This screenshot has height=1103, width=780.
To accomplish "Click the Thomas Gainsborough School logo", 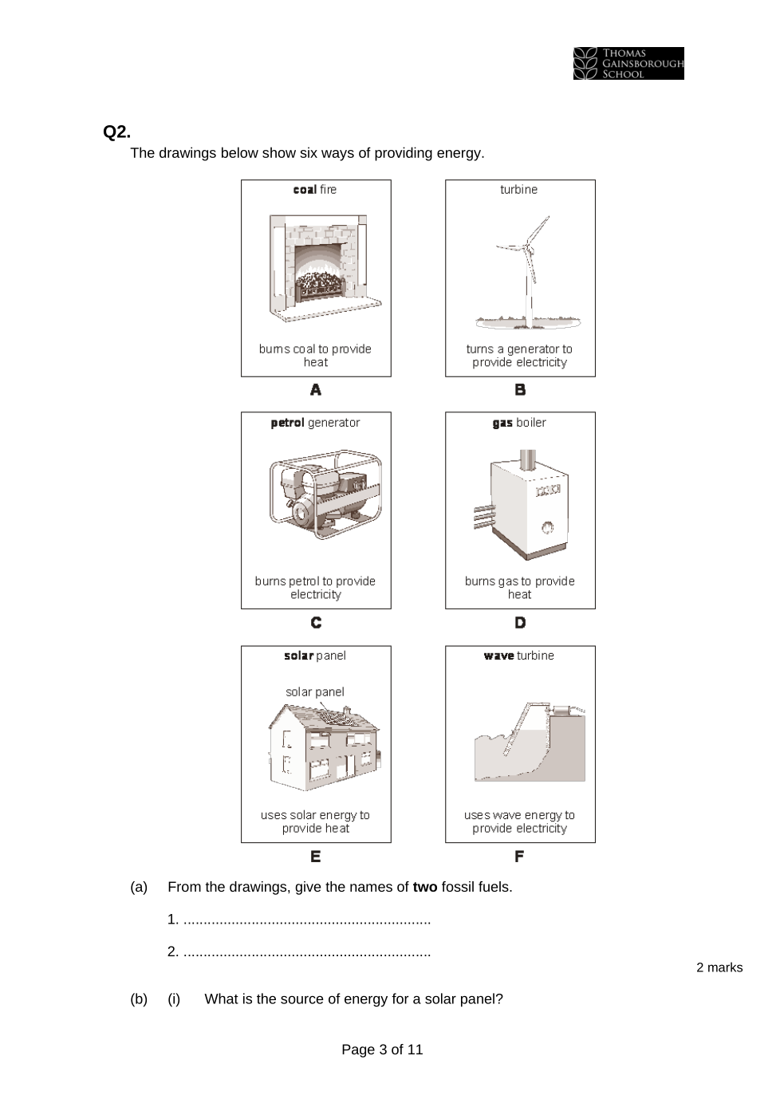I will (628, 63).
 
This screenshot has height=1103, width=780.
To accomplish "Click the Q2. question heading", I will (116, 132).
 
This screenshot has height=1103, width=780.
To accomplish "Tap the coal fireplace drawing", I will (325, 267).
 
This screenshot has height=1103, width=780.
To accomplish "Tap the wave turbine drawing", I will (530, 743).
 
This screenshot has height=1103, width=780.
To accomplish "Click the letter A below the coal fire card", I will (316, 390).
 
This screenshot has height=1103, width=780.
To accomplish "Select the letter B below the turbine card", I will (520, 390).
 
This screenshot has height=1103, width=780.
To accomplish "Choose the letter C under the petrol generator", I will (316, 623).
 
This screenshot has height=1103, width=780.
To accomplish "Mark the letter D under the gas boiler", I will (520, 623).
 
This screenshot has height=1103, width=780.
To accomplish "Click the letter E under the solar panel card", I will (316, 857).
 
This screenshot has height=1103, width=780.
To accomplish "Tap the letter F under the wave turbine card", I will (519, 857).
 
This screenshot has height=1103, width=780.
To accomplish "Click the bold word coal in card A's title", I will (305, 190).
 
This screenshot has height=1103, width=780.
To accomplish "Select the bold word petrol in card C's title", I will (287, 423).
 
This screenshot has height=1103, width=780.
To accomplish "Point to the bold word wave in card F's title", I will (498, 656).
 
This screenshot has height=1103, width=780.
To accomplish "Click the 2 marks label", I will (719, 967).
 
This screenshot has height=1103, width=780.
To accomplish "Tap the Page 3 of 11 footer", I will (382, 1050).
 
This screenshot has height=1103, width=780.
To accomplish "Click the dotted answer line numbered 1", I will (307, 920).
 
